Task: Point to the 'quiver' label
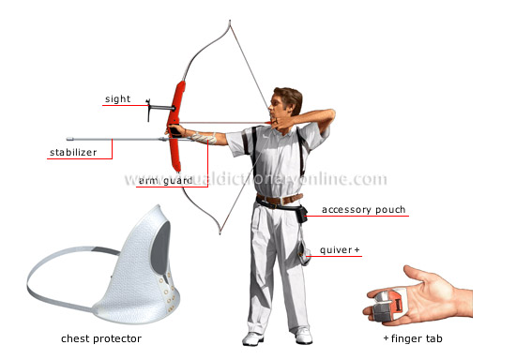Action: point(340,250)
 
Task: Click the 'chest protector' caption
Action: point(101,337)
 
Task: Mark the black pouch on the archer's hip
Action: point(299,213)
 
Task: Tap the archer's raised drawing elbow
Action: point(330,113)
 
